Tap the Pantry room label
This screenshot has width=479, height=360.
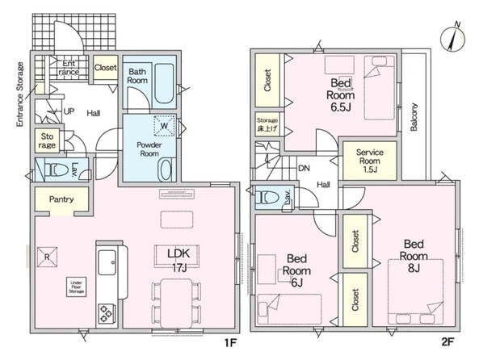[61, 199]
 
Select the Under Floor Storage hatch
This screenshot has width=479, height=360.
[76, 287]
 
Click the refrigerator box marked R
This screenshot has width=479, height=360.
[47, 257]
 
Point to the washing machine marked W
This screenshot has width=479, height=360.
[165, 125]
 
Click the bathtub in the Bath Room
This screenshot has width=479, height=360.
[164, 83]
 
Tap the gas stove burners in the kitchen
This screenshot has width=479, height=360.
[107, 314]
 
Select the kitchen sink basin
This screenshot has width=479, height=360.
[107, 262]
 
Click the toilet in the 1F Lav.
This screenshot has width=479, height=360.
[57, 170]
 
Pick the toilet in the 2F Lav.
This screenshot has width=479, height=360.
[268, 197]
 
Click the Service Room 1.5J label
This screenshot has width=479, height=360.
[370, 161]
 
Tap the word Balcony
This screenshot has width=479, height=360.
[414, 117]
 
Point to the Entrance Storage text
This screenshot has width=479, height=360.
[20, 94]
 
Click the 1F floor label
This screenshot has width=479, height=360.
[231, 343]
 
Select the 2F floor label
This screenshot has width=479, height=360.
[447, 341]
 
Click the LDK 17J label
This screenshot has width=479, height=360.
[179, 260]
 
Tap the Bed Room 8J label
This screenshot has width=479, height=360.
[414, 256]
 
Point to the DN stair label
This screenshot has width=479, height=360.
[304, 168]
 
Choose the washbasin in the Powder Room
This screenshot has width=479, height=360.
[166, 170]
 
